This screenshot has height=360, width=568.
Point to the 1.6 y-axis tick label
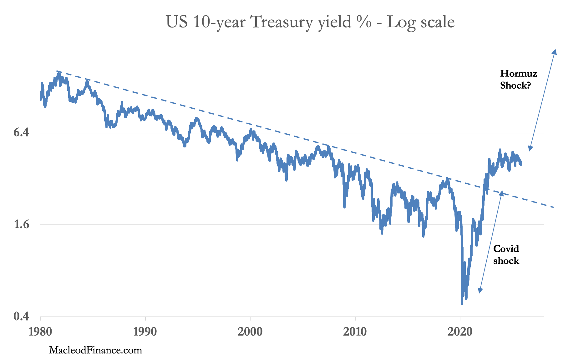pyautogui.click(x=21, y=225)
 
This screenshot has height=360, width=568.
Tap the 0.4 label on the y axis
pyautogui.click(x=21, y=316)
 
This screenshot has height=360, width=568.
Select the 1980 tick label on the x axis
pyautogui.click(x=40, y=332)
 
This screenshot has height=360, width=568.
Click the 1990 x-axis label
pyautogui.click(x=145, y=332)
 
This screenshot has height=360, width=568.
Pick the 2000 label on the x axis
pyautogui.click(x=250, y=332)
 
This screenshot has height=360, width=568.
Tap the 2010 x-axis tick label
pyautogui.click(x=355, y=332)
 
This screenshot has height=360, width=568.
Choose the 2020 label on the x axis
pyautogui.click(x=460, y=332)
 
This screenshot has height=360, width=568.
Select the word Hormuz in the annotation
pyautogui.click(x=518, y=74)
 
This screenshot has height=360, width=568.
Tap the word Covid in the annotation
pyautogui.click(x=506, y=249)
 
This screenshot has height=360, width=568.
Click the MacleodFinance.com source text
pyautogui.click(x=95, y=350)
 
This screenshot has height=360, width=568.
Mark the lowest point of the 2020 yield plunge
pyautogui.click(x=462, y=304)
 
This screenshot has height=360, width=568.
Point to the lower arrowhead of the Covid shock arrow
pyautogui.click(x=479, y=292)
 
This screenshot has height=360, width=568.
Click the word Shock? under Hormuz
pyautogui.click(x=515, y=85)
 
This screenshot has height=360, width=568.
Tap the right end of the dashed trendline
pyautogui.click(x=553, y=207)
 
